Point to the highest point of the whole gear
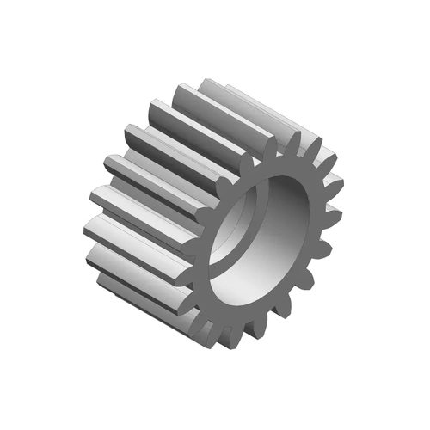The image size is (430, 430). (206, 80)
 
